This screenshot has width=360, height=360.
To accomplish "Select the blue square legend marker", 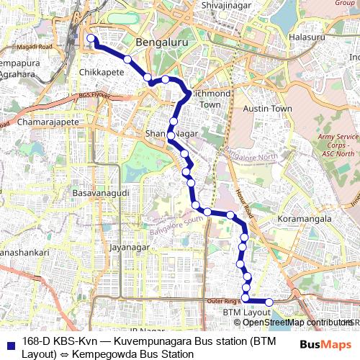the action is tap(11, 342).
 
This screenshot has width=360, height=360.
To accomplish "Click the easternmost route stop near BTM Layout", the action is tap(269, 302).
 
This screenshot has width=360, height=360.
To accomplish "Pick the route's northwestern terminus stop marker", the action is tap(90, 38).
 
